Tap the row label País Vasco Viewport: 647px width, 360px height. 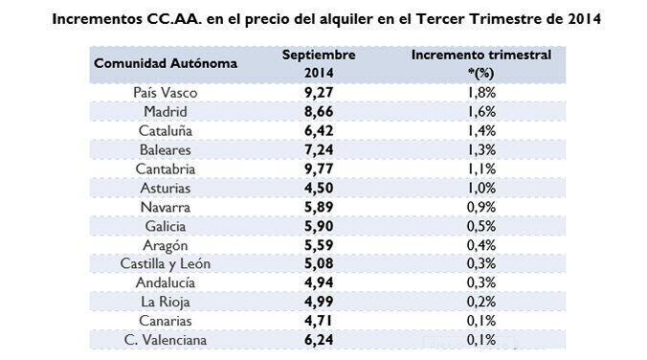click(x=166, y=94)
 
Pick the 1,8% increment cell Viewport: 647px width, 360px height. click(x=481, y=94)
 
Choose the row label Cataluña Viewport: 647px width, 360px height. click(x=166, y=131)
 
